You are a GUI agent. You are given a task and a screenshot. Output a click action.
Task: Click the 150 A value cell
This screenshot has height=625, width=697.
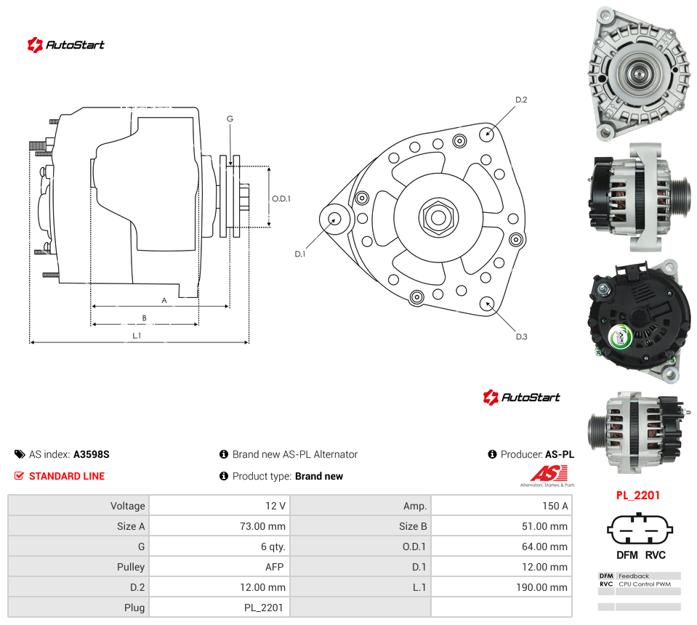click(x=501, y=506)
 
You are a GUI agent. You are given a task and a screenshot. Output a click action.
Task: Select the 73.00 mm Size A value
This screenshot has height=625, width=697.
click(x=219, y=526)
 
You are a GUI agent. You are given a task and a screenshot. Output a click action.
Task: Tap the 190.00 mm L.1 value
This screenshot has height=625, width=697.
click(x=501, y=587)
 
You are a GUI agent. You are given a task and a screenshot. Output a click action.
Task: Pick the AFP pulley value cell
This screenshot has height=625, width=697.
click(x=219, y=567)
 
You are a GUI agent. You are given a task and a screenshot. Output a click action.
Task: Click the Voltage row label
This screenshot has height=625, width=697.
click(x=128, y=506)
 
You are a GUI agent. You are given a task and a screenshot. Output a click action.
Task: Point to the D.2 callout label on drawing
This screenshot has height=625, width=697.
click(x=521, y=100)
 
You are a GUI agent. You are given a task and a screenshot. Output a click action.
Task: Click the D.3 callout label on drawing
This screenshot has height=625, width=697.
click(x=521, y=336)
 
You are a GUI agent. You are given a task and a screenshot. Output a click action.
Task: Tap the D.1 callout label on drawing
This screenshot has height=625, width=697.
click(x=300, y=254)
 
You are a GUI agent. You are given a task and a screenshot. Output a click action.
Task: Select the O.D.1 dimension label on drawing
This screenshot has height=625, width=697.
click(x=281, y=198)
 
